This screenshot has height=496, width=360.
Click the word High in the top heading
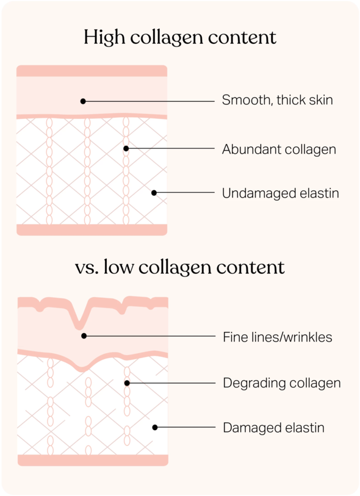click(104, 38)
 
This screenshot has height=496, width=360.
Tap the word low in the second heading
click(118, 267)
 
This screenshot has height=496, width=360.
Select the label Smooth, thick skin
click(277, 100)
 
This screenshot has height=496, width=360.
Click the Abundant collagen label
click(279, 149)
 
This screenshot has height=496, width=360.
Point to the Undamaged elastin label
click(280, 193)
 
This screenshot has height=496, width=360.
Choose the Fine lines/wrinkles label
click(278, 337)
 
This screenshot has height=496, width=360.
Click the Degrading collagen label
click(281, 383)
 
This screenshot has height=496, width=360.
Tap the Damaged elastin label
click(273, 428)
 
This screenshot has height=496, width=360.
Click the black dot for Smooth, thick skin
click(83, 101)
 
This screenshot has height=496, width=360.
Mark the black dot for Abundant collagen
click(126, 148)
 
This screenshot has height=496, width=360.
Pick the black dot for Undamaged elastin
click(154, 193)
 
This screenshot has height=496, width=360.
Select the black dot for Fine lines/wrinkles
click(84, 336)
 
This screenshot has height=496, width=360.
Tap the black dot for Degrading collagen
click(127, 383)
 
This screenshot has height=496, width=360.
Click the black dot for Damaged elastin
click(155, 427)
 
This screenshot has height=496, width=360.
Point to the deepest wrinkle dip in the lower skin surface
click(79, 328)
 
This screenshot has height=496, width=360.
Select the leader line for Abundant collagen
click(170, 148)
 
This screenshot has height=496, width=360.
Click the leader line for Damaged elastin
click(185, 427)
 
